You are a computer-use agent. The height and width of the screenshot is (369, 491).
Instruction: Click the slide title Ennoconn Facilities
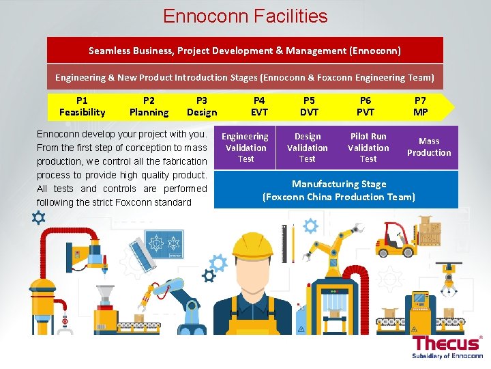tap(245, 16)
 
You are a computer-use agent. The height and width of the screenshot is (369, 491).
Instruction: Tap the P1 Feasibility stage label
tap(83, 107)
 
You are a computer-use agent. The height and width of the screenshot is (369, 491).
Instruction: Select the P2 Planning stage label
tap(149, 107)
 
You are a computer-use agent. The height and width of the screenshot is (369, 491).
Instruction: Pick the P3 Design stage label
tap(202, 107)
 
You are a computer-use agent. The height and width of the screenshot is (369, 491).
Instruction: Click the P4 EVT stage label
tap(259, 107)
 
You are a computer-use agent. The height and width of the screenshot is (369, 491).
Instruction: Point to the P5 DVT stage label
tap(310, 107)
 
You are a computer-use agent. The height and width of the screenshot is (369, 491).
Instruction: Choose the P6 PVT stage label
tap(366, 107)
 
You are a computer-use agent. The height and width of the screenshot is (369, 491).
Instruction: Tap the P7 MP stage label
tap(421, 107)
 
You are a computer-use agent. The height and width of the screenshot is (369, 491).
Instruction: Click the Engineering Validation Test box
tap(245, 148)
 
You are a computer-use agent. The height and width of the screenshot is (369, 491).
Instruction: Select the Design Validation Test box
tap(307, 148)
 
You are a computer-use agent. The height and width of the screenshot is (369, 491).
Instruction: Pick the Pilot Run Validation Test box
tap(368, 148)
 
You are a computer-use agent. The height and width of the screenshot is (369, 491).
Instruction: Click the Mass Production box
tap(429, 147)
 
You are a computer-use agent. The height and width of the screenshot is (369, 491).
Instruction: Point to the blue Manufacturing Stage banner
tap(338, 190)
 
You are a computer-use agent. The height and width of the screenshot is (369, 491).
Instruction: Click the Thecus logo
tap(447, 346)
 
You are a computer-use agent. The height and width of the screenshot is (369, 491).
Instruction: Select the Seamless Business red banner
tap(245, 51)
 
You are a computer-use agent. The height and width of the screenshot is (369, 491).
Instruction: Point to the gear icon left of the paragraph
tap(38, 218)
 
